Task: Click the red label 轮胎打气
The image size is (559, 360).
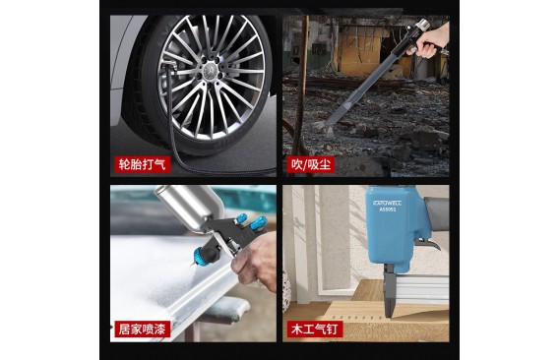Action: click(143, 164)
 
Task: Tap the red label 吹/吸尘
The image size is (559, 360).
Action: click(311, 164)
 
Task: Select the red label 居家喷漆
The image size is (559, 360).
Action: click(143, 329)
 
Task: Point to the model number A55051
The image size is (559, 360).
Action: click(388, 210)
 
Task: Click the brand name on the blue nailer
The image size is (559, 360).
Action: click(387, 204)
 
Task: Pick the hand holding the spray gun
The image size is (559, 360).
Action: click(255, 262)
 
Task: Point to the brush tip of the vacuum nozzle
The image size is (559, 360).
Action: click(324, 127)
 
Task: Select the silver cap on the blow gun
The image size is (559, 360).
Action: click(422, 25)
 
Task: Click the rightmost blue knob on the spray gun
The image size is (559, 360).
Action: click(259, 222)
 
